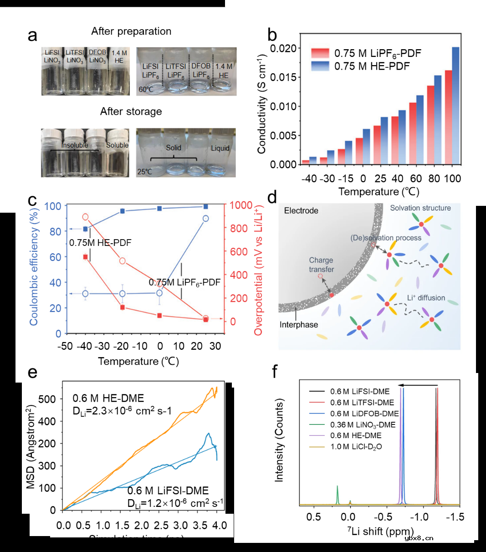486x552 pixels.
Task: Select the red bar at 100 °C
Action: coord(448,117)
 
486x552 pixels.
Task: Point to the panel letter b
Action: coord(272,35)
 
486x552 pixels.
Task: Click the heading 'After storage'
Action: coord(131,112)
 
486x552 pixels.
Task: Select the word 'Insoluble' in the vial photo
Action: coord(75,145)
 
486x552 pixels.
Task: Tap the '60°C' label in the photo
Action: coord(146,89)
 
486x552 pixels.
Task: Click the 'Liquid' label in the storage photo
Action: coord(220,148)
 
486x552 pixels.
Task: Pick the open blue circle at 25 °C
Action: coord(205,219)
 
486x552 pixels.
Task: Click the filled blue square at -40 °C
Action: coord(85,229)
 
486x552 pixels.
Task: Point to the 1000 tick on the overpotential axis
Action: coord(241,205)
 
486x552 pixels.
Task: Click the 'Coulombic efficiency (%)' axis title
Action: coord(34,265)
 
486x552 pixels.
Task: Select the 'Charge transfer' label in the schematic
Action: coord(321,265)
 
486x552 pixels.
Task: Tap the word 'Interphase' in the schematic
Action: coord(299,325)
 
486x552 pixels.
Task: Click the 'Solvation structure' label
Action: coord(420,208)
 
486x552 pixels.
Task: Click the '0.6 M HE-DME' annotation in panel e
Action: coord(108,398)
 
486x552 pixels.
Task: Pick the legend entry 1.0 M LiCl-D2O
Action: coord(356,446)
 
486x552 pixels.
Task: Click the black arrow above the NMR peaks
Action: coord(419,386)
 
